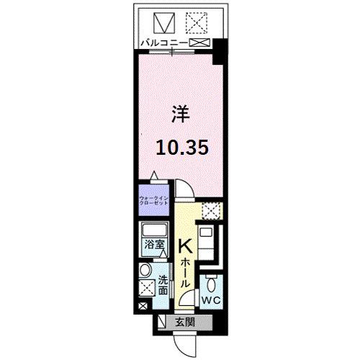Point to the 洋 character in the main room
click(179, 114)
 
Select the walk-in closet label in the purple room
click(153, 199)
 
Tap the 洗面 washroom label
click(163, 287)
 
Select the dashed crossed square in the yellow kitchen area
click(211, 211)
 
